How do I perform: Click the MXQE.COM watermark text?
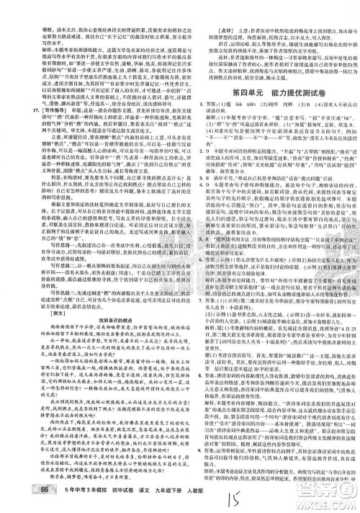[325, 498]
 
